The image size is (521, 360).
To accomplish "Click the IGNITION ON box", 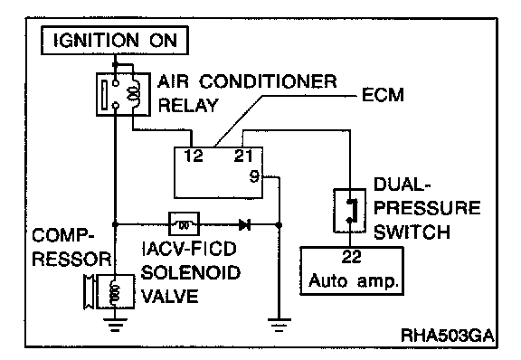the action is pyautogui.click(x=115, y=40).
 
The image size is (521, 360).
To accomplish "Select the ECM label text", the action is pyautogui.click(x=383, y=95).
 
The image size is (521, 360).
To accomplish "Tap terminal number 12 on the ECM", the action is pyautogui.click(x=194, y=156).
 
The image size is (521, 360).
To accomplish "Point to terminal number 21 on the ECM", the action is pyautogui.click(x=243, y=156).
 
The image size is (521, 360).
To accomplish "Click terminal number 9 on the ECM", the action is pyautogui.click(x=254, y=176).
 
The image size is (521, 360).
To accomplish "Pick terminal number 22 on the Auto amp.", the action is pyautogui.click(x=351, y=257).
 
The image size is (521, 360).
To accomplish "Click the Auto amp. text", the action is pyautogui.click(x=354, y=281).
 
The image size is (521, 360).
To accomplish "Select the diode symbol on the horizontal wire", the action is pyautogui.click(x=245, y=225).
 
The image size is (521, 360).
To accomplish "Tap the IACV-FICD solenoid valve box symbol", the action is pyautogui.click(x=185, y=224).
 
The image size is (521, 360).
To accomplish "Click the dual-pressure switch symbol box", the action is pyautogui.click(x=349, y=211).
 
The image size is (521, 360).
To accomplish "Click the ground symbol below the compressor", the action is pyautogui.click(x=115, y=325).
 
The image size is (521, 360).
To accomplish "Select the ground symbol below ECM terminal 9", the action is pyautogui.click(x=279, y=325).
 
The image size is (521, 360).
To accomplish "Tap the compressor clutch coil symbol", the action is pyautogui.click(x=115, y=291).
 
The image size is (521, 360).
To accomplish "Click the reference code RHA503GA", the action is pyautogui.click(x=448, y=335).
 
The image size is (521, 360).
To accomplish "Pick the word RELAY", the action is pyautogui.click(x=188, y=106).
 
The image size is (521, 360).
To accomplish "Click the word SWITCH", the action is pyautogui.click(x=412, y=232).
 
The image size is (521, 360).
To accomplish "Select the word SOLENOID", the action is pyautogui.click(x=191, y=272).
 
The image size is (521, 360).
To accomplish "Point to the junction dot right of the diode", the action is pyautogui.click(x=279, y=225).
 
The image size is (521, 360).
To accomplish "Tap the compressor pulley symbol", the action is pyautogui.click(x=89, y=292).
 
